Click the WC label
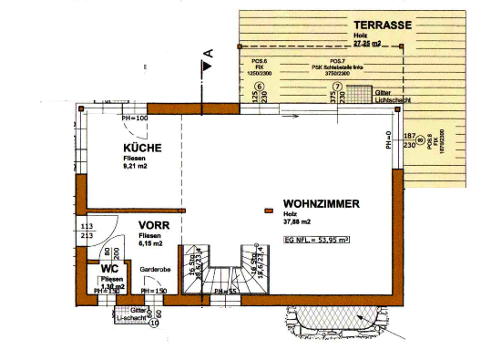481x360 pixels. coord(110,269)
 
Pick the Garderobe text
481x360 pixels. coord(156,271)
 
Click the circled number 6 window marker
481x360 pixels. coord(259,87)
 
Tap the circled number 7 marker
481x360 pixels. coord(337,87)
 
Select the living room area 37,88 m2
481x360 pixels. coord(297,221)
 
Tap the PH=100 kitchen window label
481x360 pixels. coord(134,118)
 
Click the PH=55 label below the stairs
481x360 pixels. coord(225,291)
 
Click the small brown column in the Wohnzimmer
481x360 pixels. coord(268,211)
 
